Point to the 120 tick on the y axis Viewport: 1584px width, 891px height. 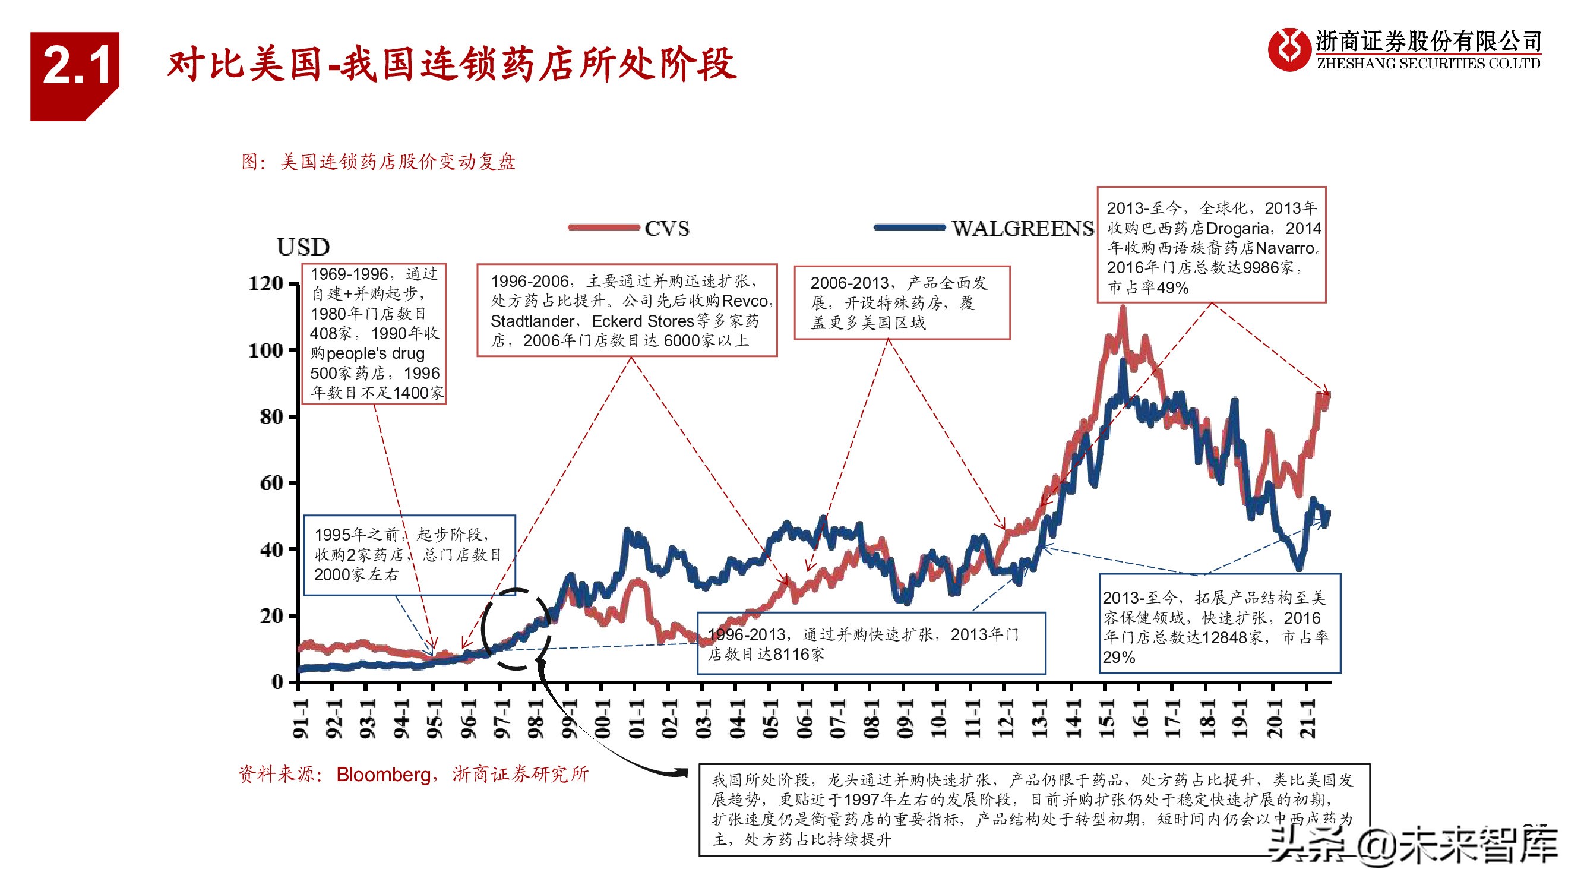(x=265, y=283)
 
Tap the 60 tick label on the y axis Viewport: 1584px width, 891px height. (x=271, y=483)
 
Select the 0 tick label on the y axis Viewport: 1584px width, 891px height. (x=277, y=681)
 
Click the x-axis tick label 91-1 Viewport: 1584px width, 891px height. (x=299, y=718)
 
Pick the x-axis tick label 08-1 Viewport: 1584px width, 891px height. (x=871, y=718)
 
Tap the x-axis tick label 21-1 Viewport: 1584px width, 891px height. (x=1308, y=718)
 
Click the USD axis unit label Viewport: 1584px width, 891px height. (x=303, y=247)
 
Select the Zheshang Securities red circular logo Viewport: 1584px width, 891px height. (x=1288, y=49)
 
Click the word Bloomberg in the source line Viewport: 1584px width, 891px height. (x=383, y=774)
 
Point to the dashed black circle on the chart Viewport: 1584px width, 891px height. (x=516, y=628)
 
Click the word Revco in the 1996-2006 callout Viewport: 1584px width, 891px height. (x=745, y=301)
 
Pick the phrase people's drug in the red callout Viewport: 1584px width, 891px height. (x=375, y=353)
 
